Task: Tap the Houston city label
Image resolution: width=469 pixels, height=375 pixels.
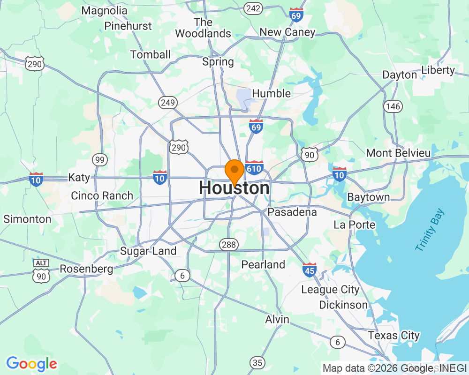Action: [234, 188]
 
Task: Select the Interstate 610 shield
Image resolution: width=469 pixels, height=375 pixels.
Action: [254, 167]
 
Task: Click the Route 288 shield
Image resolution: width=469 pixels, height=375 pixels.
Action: [229, 244]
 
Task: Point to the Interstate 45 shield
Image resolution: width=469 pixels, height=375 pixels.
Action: [310, 269]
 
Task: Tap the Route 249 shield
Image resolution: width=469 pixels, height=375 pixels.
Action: [167, 102]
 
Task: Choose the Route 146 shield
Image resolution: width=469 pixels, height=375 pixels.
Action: [393, 106]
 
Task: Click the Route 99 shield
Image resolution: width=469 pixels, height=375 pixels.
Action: [99, 160]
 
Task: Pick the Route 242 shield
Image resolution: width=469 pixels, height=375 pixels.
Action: [253, 8]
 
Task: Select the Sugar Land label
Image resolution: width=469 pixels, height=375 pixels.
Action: [148, 251]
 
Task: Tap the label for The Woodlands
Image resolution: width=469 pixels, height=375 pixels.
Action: [203, 28]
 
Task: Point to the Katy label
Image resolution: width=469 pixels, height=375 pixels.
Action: [79, 178]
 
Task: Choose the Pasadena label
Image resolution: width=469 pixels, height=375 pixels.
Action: [292, 212]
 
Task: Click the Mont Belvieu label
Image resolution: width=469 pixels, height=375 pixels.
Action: [398, 153]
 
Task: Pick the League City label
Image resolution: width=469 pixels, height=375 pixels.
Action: [330, 289]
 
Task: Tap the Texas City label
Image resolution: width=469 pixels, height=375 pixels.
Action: [393, 336]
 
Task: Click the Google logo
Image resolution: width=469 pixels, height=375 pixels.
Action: [32, 364]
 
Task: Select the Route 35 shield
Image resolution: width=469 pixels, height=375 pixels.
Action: [257, 362]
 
